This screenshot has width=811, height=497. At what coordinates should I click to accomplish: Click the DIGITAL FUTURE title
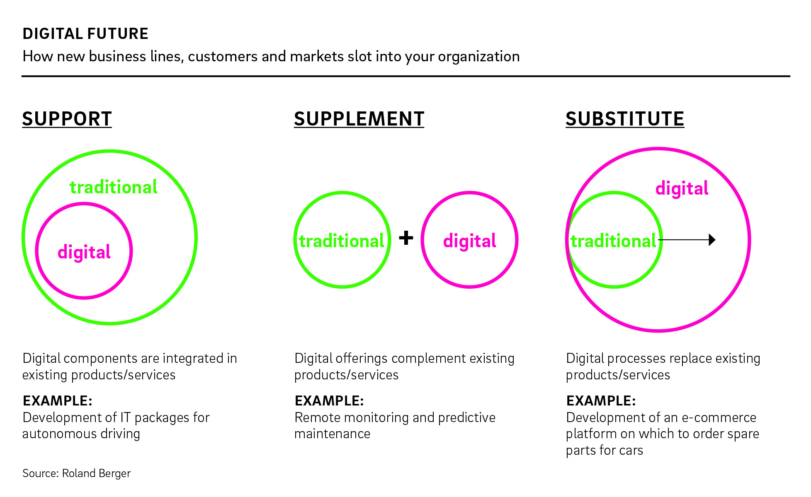click(85, 34)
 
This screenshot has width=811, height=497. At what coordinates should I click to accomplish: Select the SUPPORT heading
click(67, 119)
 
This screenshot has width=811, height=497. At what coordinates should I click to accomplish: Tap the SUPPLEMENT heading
click(359, 119)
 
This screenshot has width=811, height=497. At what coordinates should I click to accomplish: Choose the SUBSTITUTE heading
click(625, 119)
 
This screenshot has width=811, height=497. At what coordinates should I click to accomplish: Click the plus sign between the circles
click(406, 238)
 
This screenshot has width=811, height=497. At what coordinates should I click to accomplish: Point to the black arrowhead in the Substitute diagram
click(712, 240)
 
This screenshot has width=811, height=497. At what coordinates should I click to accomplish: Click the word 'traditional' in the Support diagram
click(113, 187)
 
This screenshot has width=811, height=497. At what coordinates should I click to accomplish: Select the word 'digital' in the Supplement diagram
click(469, 241)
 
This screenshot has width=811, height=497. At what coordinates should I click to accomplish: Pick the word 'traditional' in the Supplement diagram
click(342, 241)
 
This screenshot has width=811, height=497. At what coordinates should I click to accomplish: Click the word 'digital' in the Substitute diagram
click(682, 188)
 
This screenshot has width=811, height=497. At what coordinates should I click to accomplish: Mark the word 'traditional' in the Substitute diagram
click(613, 241)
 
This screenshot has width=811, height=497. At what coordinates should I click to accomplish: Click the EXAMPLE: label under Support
click(57, 400)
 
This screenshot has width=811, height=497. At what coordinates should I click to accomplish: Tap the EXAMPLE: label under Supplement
click(329, 400)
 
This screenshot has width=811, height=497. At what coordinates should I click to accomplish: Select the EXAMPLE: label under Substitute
click(601, 400)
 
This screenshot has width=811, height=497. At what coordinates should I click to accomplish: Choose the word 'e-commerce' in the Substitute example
click(719, 417)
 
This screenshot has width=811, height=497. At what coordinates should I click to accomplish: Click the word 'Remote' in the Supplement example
click(317, 417)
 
